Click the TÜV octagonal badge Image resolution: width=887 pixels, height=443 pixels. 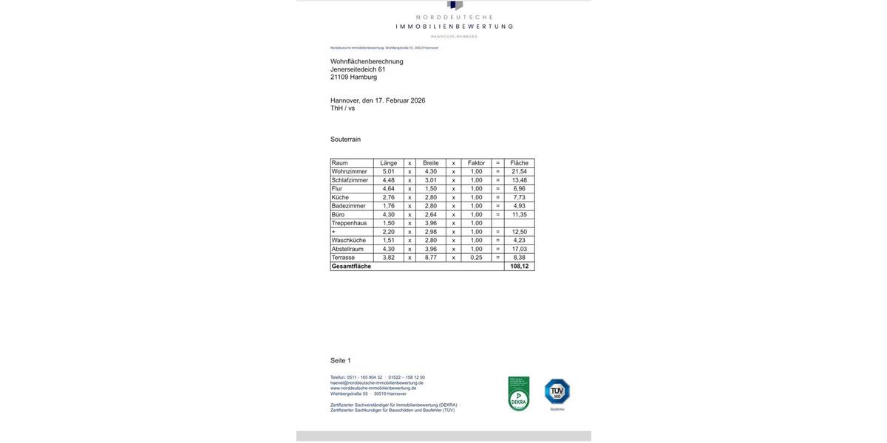point(557,391)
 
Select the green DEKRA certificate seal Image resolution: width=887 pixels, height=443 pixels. point(519,394)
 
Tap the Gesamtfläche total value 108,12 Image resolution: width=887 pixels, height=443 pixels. point(519,267)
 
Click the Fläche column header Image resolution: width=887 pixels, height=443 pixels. point(519,163)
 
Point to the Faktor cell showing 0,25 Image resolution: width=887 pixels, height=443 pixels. point(476,258)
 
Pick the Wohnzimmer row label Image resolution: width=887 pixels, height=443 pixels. point(349,171)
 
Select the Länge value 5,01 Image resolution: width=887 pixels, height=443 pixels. point(388,171)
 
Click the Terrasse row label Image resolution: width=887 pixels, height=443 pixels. point(343,258)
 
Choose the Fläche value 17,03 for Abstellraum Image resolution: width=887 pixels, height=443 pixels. point(519,249)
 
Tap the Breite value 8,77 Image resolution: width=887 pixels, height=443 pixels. point(430,258)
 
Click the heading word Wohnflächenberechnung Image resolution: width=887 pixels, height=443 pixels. point(367,61)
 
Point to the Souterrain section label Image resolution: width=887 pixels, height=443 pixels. point(345,140)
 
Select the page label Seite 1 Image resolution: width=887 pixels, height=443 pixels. point(341,360)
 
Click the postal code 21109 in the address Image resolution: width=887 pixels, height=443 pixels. point(339,77)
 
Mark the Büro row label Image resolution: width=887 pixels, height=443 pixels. point(338,215)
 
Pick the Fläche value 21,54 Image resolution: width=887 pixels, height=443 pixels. point(519,171)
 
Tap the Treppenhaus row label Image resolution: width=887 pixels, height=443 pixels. point(349,223)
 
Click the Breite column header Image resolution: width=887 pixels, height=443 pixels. point(430,163)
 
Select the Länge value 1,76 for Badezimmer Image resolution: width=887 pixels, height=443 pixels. point(388,206)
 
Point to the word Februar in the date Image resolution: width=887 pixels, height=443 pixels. point(397,100)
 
